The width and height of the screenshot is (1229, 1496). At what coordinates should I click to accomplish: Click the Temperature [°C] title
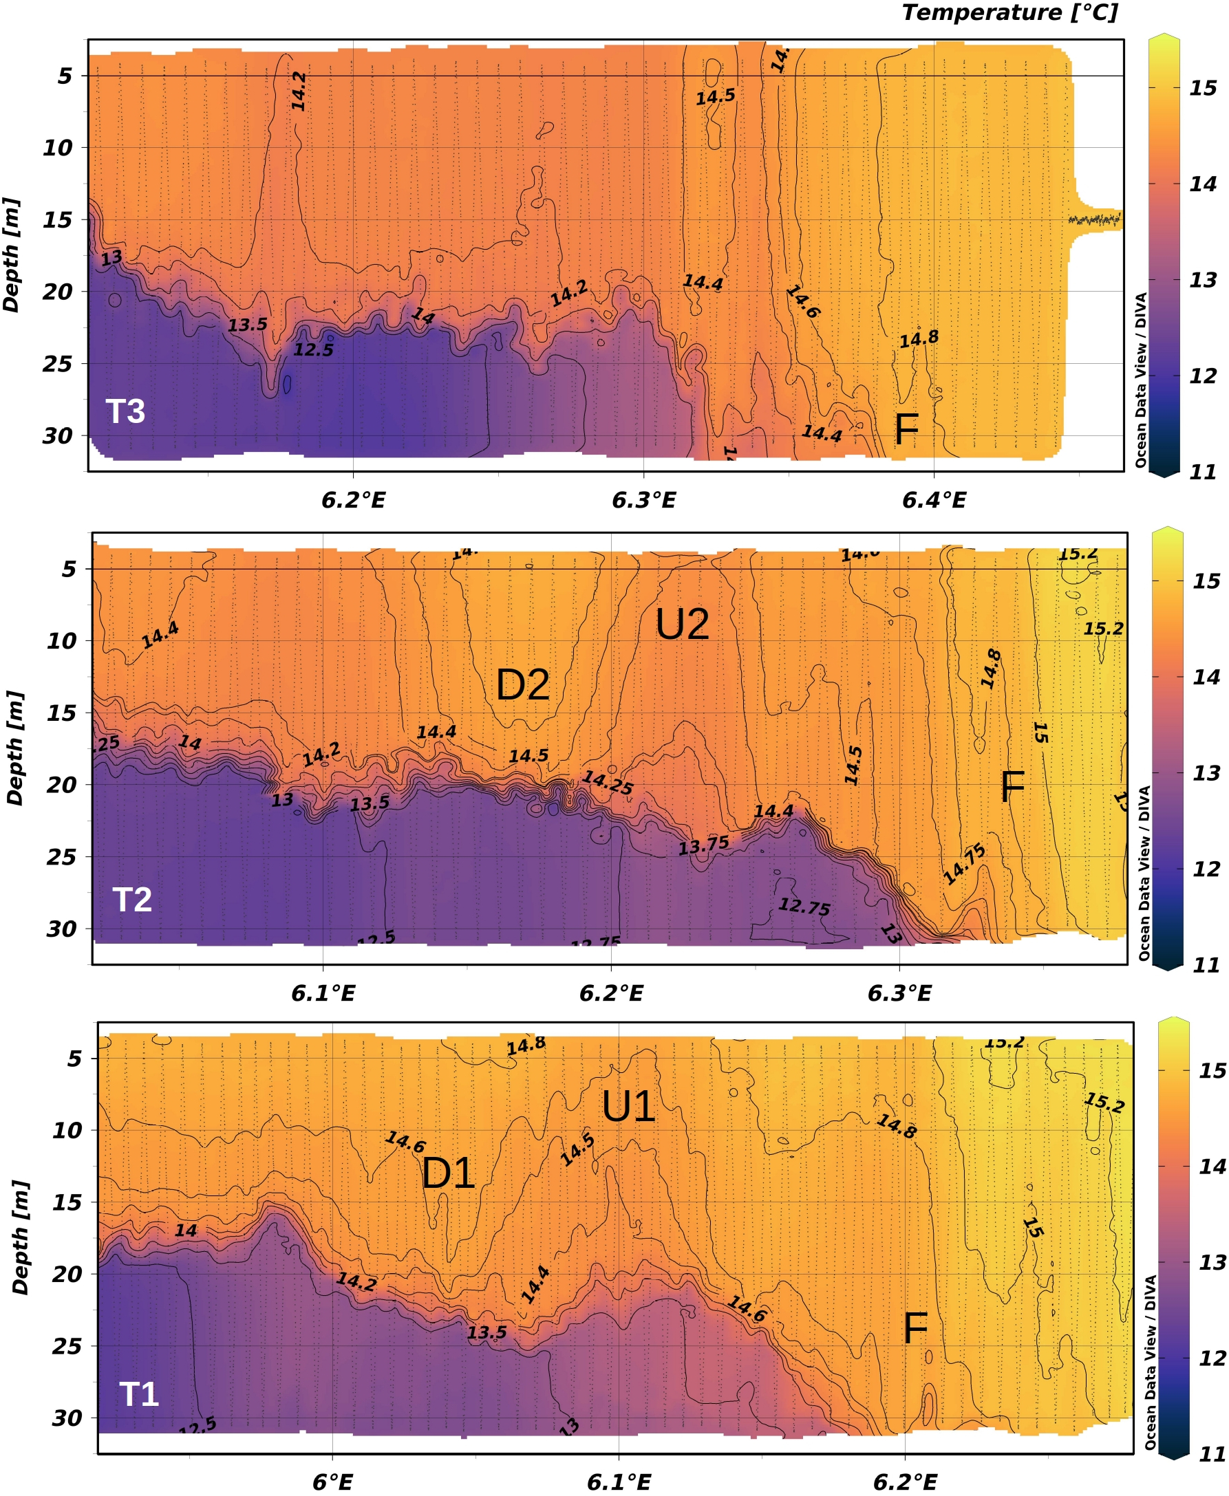[x=1009, y=13]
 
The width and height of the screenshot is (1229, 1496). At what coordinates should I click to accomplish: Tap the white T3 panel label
[x=125, y=411]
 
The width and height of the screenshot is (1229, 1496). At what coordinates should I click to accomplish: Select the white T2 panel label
[x=132, y=900]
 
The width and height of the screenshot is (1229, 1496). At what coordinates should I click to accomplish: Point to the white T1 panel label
[x=139, y=1394]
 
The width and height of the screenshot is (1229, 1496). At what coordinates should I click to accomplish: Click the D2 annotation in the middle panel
[x=522, y=685]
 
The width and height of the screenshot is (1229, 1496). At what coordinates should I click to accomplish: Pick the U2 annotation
[x=682, y=625]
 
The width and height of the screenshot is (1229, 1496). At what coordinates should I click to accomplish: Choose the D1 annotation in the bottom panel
[x=447, y=1174]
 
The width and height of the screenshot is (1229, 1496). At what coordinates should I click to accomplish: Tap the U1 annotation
[x=628, y=1107]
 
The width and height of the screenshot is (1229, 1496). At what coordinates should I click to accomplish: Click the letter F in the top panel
[x=906, y=429]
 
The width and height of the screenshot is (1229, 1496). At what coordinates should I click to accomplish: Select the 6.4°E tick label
[x=934, y=501]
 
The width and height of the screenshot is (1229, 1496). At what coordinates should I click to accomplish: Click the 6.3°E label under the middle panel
[x=899, y=994]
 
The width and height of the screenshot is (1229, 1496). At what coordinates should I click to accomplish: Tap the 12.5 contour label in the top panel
[x=314, y=349]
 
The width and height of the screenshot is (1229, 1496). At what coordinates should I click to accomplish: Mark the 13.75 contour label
[x=704, y=845]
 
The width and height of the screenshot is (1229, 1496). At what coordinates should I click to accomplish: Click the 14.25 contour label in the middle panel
[x=608, y=783]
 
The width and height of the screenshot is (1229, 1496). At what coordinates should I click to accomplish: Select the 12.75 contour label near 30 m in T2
[x=804, y=906]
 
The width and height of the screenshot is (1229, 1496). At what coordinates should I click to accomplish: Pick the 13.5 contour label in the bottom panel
[x=487, y=1332]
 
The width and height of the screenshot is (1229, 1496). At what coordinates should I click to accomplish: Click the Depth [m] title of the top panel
[x=11, y=254]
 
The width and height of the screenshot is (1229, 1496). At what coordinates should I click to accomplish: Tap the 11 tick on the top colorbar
[x=1202, y=472]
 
